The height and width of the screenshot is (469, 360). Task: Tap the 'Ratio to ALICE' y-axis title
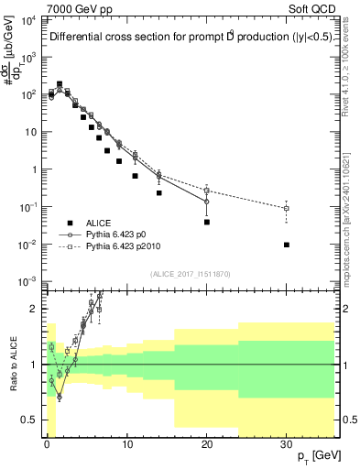[x=12, y=364]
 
